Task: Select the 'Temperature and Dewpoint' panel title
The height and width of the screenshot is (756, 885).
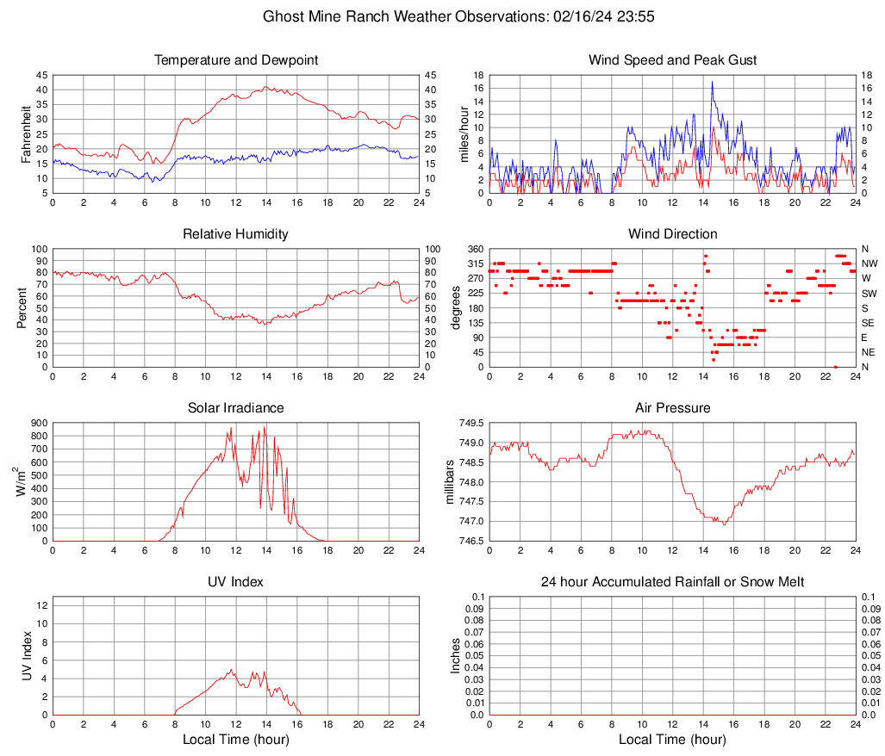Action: [x=236, y=60]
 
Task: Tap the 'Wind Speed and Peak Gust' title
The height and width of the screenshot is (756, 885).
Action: [x=673, y=60]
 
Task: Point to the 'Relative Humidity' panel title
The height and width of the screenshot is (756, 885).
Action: [x=236, y=234]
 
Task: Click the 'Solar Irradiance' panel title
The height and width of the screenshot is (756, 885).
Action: [x=236, y=408]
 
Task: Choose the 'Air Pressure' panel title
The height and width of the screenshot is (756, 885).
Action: [x=673, y=408]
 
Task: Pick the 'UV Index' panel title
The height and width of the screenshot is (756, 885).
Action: [x=236, y=582]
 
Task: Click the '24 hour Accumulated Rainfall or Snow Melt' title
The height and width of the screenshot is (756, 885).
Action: [x=673, y=582]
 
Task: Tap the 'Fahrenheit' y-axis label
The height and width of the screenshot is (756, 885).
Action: [x=24, y=133]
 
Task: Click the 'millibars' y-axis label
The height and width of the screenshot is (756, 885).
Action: [x=450, y=481]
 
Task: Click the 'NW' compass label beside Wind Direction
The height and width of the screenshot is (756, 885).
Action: [x=869, y=263]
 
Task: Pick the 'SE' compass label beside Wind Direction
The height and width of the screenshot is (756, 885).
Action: [x=869, y=323]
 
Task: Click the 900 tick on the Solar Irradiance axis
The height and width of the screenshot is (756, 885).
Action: [x=37, y=424]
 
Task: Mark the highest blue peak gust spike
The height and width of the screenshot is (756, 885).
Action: [x=712, y=82]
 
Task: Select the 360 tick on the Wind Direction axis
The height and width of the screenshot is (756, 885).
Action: [x=474, y=249]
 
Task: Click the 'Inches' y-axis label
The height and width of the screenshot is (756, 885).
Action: [x=457, y=655]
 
